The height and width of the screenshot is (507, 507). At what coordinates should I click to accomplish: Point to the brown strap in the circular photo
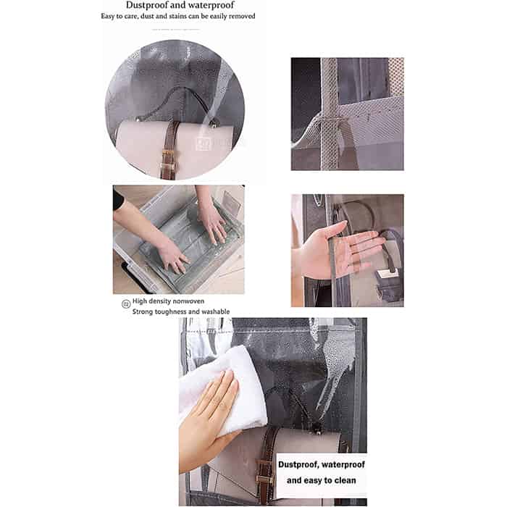point(169,149)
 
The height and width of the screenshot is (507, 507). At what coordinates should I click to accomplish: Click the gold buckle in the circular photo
point(169,167)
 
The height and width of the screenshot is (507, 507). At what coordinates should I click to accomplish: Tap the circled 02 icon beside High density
point(126,303)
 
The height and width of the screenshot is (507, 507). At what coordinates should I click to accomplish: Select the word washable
point(216,311)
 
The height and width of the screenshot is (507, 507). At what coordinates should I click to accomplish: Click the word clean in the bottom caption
point(345,480)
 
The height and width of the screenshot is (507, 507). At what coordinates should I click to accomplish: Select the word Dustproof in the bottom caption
point(298,465)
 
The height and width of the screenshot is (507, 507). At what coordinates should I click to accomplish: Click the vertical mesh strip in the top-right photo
point(329,114)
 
